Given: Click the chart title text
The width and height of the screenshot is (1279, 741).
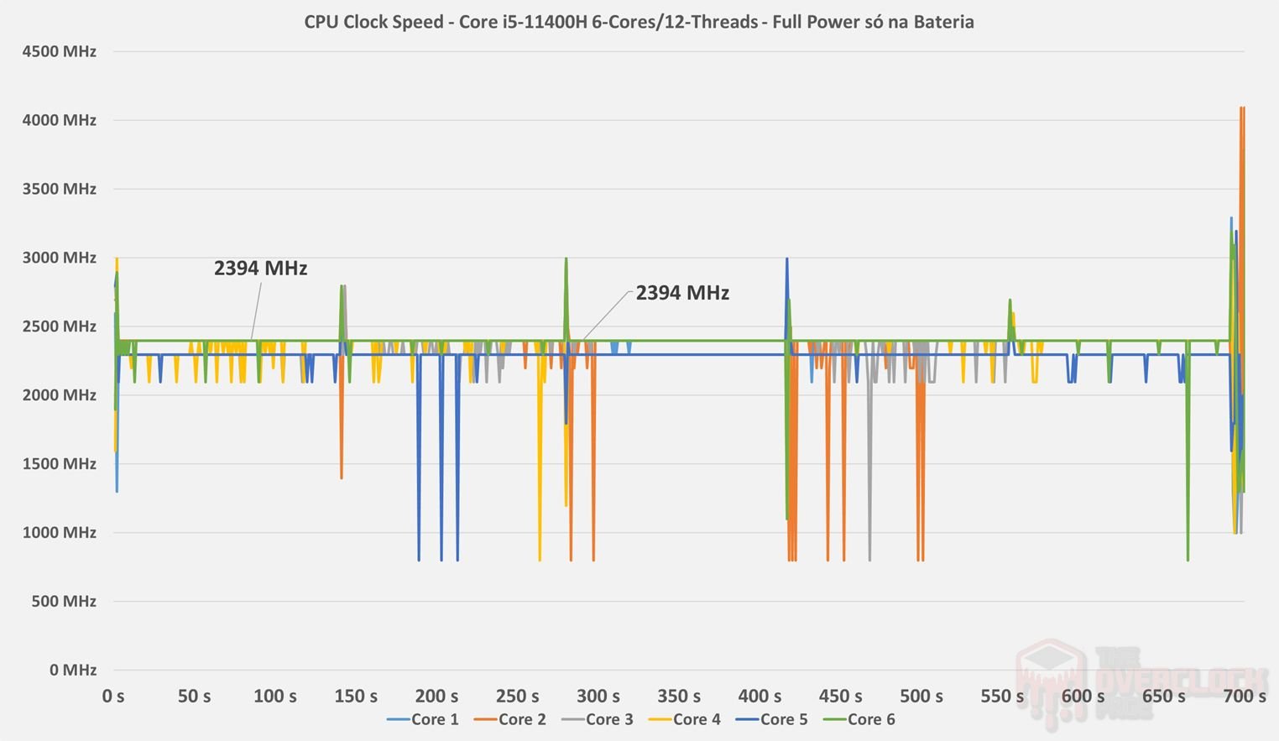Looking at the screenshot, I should [639, 22].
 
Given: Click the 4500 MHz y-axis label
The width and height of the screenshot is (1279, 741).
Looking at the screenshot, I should [59, 51].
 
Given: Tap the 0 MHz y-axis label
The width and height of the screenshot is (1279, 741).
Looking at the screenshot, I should [72, 670].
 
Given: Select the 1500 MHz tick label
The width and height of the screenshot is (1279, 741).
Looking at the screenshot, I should [59, 463].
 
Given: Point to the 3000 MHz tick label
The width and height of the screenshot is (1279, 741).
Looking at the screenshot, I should [59, 258].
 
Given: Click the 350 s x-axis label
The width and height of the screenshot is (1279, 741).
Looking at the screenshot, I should [679, 696].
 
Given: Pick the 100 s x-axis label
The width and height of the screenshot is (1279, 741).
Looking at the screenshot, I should [275, 696].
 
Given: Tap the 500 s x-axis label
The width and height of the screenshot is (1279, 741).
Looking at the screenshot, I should [921, 696].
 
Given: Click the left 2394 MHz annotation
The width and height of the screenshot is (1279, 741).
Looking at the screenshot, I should [260, 269].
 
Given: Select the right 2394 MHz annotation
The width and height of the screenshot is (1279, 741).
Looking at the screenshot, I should [682, 293].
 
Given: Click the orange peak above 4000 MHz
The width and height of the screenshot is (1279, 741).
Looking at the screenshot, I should [1242, 109].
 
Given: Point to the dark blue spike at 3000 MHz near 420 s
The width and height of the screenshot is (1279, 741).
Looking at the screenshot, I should [786, 260].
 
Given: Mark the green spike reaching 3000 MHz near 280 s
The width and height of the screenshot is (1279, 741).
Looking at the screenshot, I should [566, 260].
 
